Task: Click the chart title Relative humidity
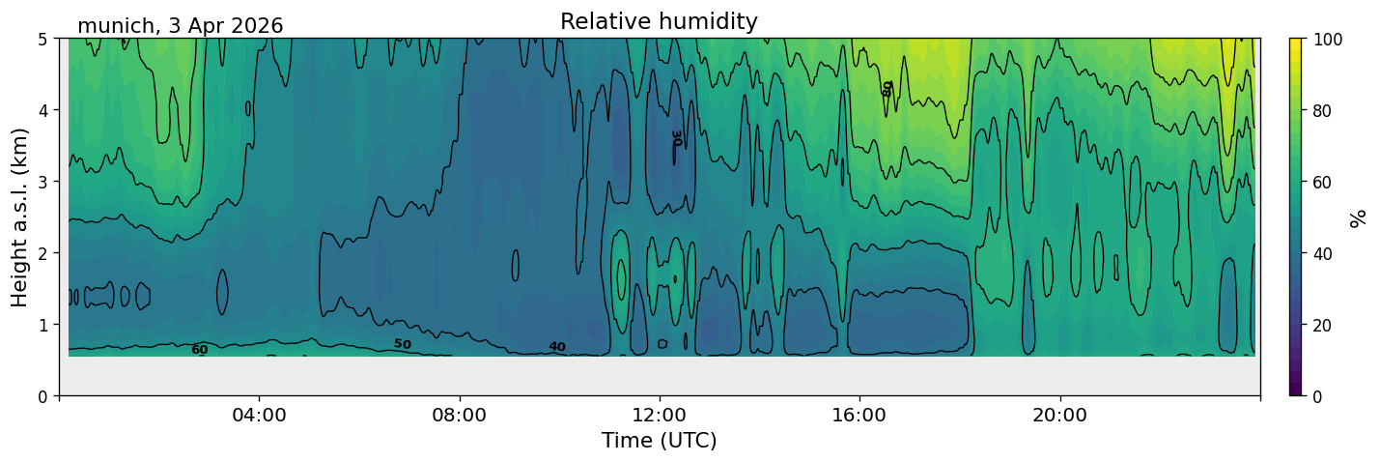659,21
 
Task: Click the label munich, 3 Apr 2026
180,26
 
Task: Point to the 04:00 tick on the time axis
260,415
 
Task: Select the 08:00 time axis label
460,415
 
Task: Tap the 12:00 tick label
660,415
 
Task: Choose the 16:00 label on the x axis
860,415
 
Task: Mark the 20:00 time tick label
1060,415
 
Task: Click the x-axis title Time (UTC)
660,441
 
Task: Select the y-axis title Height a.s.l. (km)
19,217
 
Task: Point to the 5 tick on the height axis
42,40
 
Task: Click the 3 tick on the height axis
42,182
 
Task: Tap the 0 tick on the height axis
42,396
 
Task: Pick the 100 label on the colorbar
1327,40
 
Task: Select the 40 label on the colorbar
1322,253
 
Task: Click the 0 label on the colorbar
1317,396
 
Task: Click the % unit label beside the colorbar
1357,218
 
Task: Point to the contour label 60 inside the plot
200,350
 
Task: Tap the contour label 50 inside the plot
403,344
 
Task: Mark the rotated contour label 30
676,138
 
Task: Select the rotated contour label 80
887,89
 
